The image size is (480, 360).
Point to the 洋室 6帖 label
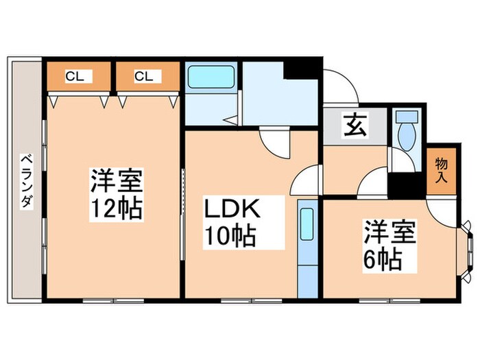[x=389, y=245]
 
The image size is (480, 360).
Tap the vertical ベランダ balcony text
[x=27, y=181]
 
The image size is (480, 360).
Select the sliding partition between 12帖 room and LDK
[x=182, y=213]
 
